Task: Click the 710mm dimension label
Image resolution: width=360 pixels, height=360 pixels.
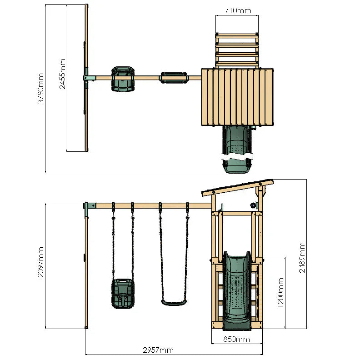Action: (237, 10)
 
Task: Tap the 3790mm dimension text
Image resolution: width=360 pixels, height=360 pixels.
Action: (41, 89)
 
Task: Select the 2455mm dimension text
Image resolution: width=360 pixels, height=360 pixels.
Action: (63, 74)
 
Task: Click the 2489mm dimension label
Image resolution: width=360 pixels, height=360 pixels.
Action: (302, 257)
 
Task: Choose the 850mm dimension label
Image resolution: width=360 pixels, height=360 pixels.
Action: (236, 339)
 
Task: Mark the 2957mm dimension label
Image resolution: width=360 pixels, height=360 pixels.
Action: (158, 350)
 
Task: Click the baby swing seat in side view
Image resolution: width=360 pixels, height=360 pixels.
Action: (123, 294)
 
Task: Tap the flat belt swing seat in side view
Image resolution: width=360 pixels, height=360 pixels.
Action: (174, 302)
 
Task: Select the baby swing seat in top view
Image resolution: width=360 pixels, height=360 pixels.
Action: (123, 79)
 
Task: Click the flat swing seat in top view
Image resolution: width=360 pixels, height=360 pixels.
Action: (174, 78)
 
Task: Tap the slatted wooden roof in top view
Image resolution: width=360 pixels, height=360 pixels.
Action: (238, 96)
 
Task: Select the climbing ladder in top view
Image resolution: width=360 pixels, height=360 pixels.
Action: (237, 49)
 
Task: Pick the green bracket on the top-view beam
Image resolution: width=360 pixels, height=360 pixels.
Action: (89, 78)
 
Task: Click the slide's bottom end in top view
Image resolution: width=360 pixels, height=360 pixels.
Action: (236, 166)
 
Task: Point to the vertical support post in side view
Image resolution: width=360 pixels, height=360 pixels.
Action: (86, 273)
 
